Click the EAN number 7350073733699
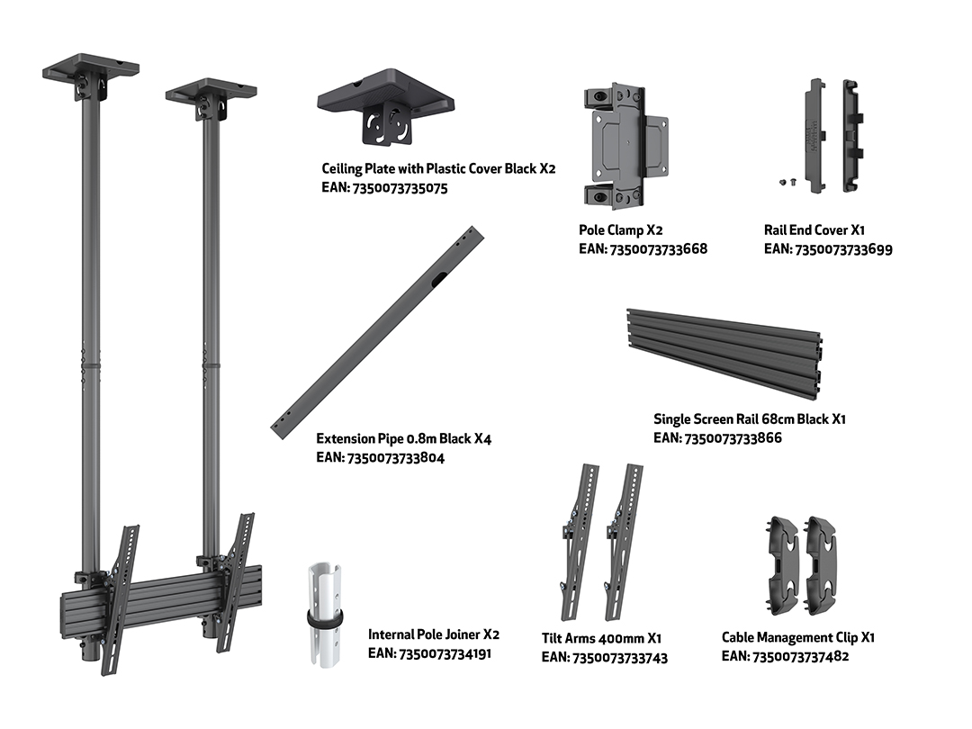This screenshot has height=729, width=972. [x=828, y=248]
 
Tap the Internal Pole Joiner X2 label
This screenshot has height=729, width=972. [x=433, y=634]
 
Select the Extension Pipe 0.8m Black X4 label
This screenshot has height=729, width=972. [x=403, y=438]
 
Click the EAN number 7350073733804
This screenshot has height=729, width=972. [x=380, y=457]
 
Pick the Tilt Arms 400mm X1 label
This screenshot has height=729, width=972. [x=601, y=638]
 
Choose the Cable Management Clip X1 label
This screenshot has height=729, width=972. [x=798, y=637]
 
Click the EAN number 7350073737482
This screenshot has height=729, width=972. [x=786, y=656]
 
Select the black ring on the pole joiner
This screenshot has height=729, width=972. [x=325, y=621]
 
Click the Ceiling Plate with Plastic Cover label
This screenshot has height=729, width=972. [x=438, y=168]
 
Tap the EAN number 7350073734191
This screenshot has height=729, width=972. [x=430, y=653]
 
